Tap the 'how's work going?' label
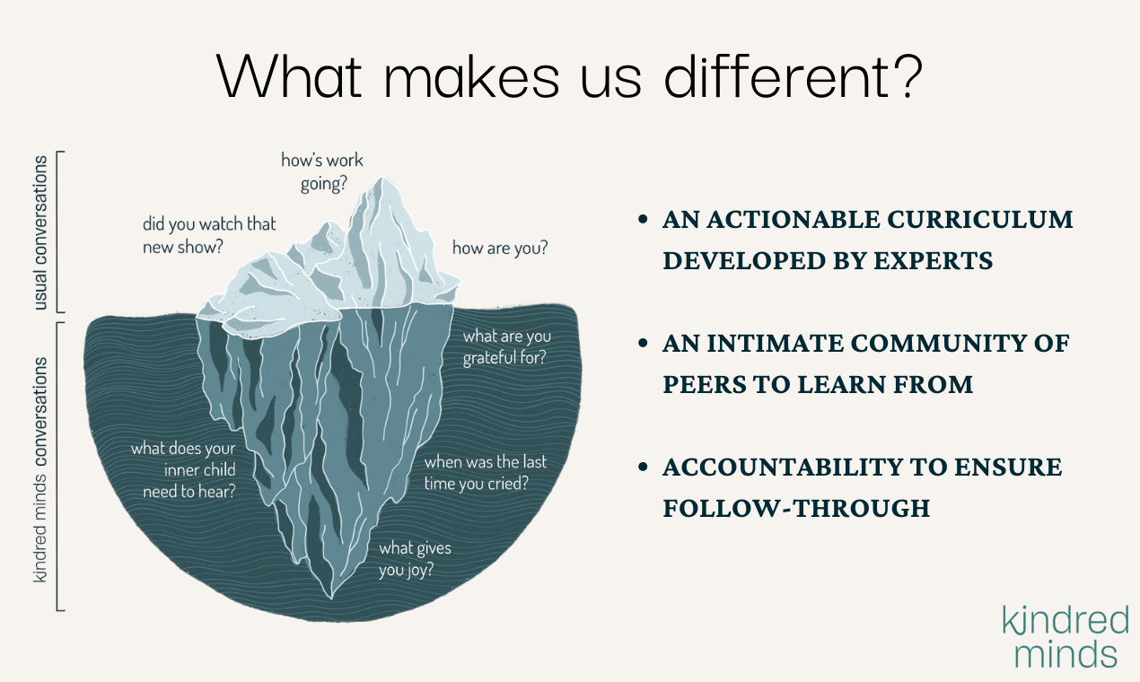322,172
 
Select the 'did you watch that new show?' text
209,235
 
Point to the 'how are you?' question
500,248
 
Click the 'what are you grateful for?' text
507,347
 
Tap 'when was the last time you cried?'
486,473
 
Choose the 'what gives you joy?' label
415,559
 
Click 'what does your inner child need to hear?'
183,469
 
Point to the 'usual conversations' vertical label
39,232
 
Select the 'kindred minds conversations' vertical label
39,469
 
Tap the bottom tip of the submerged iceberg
331,598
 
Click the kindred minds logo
1065,636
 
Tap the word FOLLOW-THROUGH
796,509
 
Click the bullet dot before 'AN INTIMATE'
644,343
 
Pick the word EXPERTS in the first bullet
934,261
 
